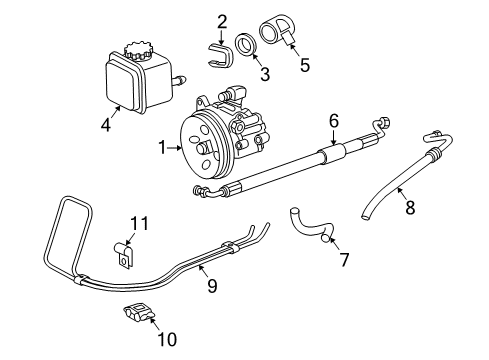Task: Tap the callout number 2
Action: pos(222,20)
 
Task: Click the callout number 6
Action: pos(334,120)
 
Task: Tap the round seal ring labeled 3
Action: pos(243,46)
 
